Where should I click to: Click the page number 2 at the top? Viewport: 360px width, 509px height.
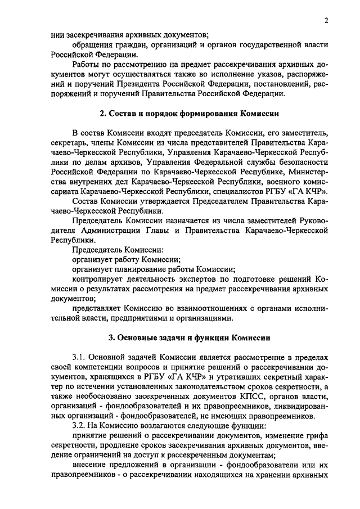326,21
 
